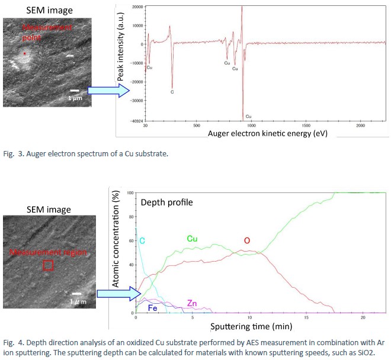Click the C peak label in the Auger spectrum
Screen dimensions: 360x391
point(172,92)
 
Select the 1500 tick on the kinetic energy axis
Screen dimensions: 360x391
point(306,126)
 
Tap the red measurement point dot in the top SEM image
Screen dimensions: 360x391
point(25,54)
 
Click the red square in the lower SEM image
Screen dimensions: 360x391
point(49,265)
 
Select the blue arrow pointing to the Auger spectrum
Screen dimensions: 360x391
point(108,91)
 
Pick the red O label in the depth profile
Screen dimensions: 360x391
point(247,240)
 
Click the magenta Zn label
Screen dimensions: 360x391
point(191,303)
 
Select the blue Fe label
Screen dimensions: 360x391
point(152,308)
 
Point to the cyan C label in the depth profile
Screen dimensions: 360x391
point(142,240)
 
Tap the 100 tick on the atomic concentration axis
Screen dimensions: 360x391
point(131,193)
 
